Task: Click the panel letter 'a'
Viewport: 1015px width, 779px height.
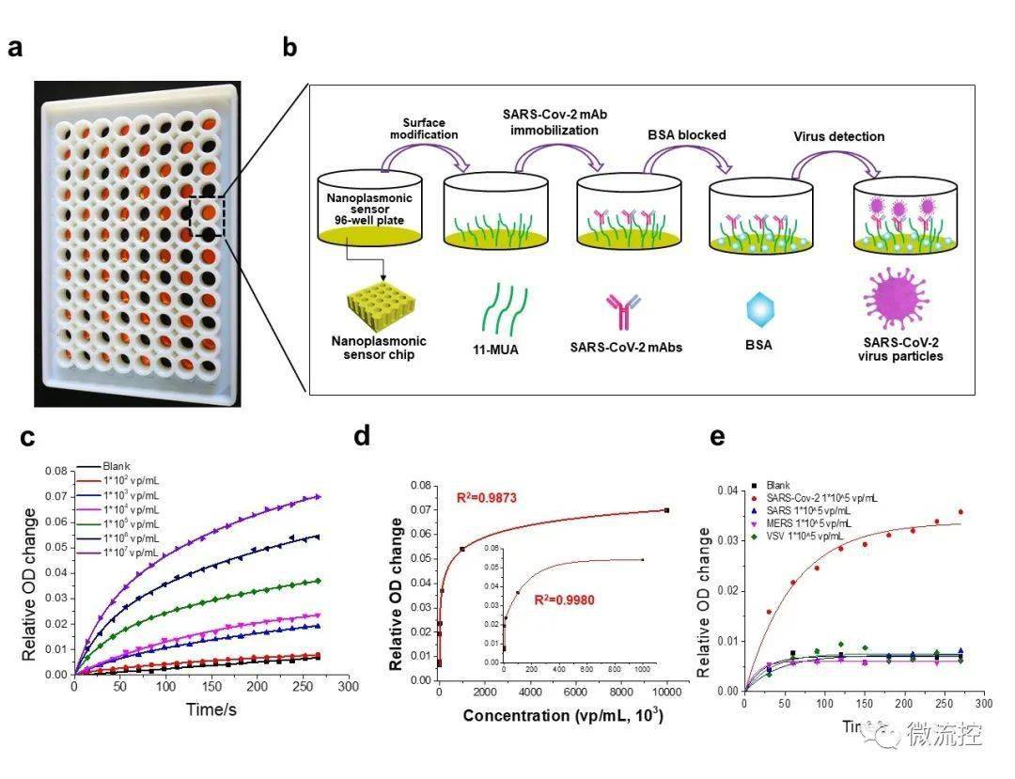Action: coord(15,48)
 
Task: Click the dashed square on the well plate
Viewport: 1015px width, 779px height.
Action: coord(207,216)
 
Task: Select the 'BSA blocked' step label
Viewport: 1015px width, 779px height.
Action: coord(687,134)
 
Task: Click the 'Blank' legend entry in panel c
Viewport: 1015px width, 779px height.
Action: coord(117,464)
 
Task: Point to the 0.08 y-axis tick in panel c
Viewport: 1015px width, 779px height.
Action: coord(57,470)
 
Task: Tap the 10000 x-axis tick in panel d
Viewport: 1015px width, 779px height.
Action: coord(666,693)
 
